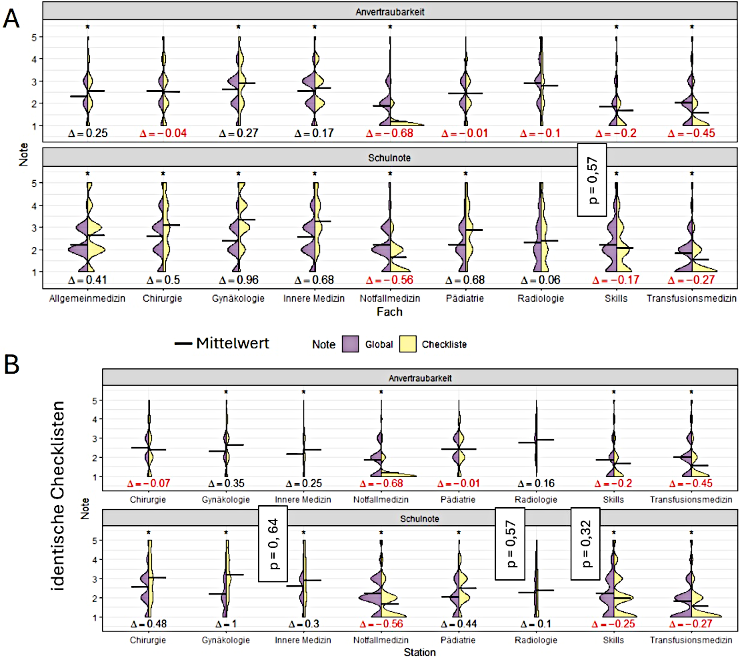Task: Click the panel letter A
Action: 11,19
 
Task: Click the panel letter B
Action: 11,364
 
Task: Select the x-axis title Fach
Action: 389,312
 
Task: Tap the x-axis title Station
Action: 419,652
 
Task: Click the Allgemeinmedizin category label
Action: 87,298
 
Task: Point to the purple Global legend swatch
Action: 351,344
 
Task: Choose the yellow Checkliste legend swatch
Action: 407,344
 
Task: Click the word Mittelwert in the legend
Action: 233,343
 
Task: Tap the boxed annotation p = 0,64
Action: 273,543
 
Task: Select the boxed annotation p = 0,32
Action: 585,543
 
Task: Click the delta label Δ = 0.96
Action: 239,280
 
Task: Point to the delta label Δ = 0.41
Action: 87,280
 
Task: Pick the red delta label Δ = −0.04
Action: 163,133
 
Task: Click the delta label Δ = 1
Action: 226,624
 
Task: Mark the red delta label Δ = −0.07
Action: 149,483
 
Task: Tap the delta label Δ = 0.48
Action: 149,624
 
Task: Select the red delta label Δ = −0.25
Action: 613,624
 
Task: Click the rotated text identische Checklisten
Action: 58,496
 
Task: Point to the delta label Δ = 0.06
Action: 541,280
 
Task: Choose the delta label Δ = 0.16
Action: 536,483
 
